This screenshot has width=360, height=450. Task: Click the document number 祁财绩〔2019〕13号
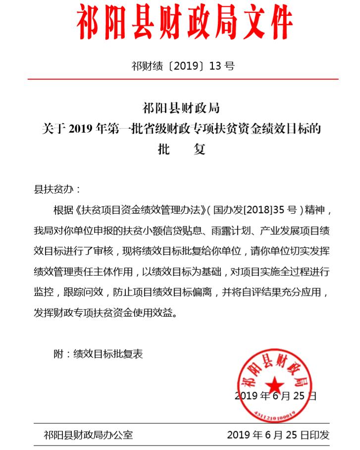(x=183, y=66)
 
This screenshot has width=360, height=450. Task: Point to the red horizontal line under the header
(x=183, y=79)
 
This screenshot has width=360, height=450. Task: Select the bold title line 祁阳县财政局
(x=181, y=108)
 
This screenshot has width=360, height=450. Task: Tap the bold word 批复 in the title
(x=181, y=150)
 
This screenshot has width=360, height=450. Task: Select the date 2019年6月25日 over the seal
(x=275, y=396)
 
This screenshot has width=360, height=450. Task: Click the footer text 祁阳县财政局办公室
(x=88, y=435)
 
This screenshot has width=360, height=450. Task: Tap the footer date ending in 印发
(x=278, y=435)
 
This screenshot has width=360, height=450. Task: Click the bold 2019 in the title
(x=78, y=129)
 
